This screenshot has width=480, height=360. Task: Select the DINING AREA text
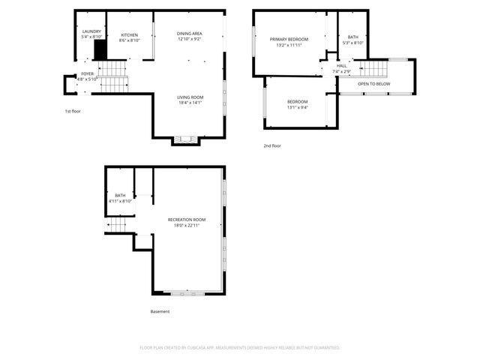tap(189, 34)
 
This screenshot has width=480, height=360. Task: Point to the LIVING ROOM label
tap(189, 98)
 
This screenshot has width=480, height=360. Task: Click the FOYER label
tap(88, 73)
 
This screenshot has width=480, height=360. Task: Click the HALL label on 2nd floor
tap(342, 66)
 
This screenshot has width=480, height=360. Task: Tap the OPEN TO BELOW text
tap(373, 84)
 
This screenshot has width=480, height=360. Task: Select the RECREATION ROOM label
tap(187, 220)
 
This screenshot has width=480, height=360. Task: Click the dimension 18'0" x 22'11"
tap(187, 225)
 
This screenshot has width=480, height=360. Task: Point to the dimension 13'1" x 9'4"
tap(297, 107)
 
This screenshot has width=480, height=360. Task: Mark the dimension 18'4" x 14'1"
tap(189, 103)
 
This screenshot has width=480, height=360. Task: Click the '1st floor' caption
tap(73, 111)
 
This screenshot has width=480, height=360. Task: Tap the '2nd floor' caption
tap(271, 145)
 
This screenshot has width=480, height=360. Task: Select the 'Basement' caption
tap(160, 311)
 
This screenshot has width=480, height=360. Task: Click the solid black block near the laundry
tap(99, 50)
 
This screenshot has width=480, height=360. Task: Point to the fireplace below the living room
tap(184, 139)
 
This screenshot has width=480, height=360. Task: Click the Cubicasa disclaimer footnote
tap(240, 347)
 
